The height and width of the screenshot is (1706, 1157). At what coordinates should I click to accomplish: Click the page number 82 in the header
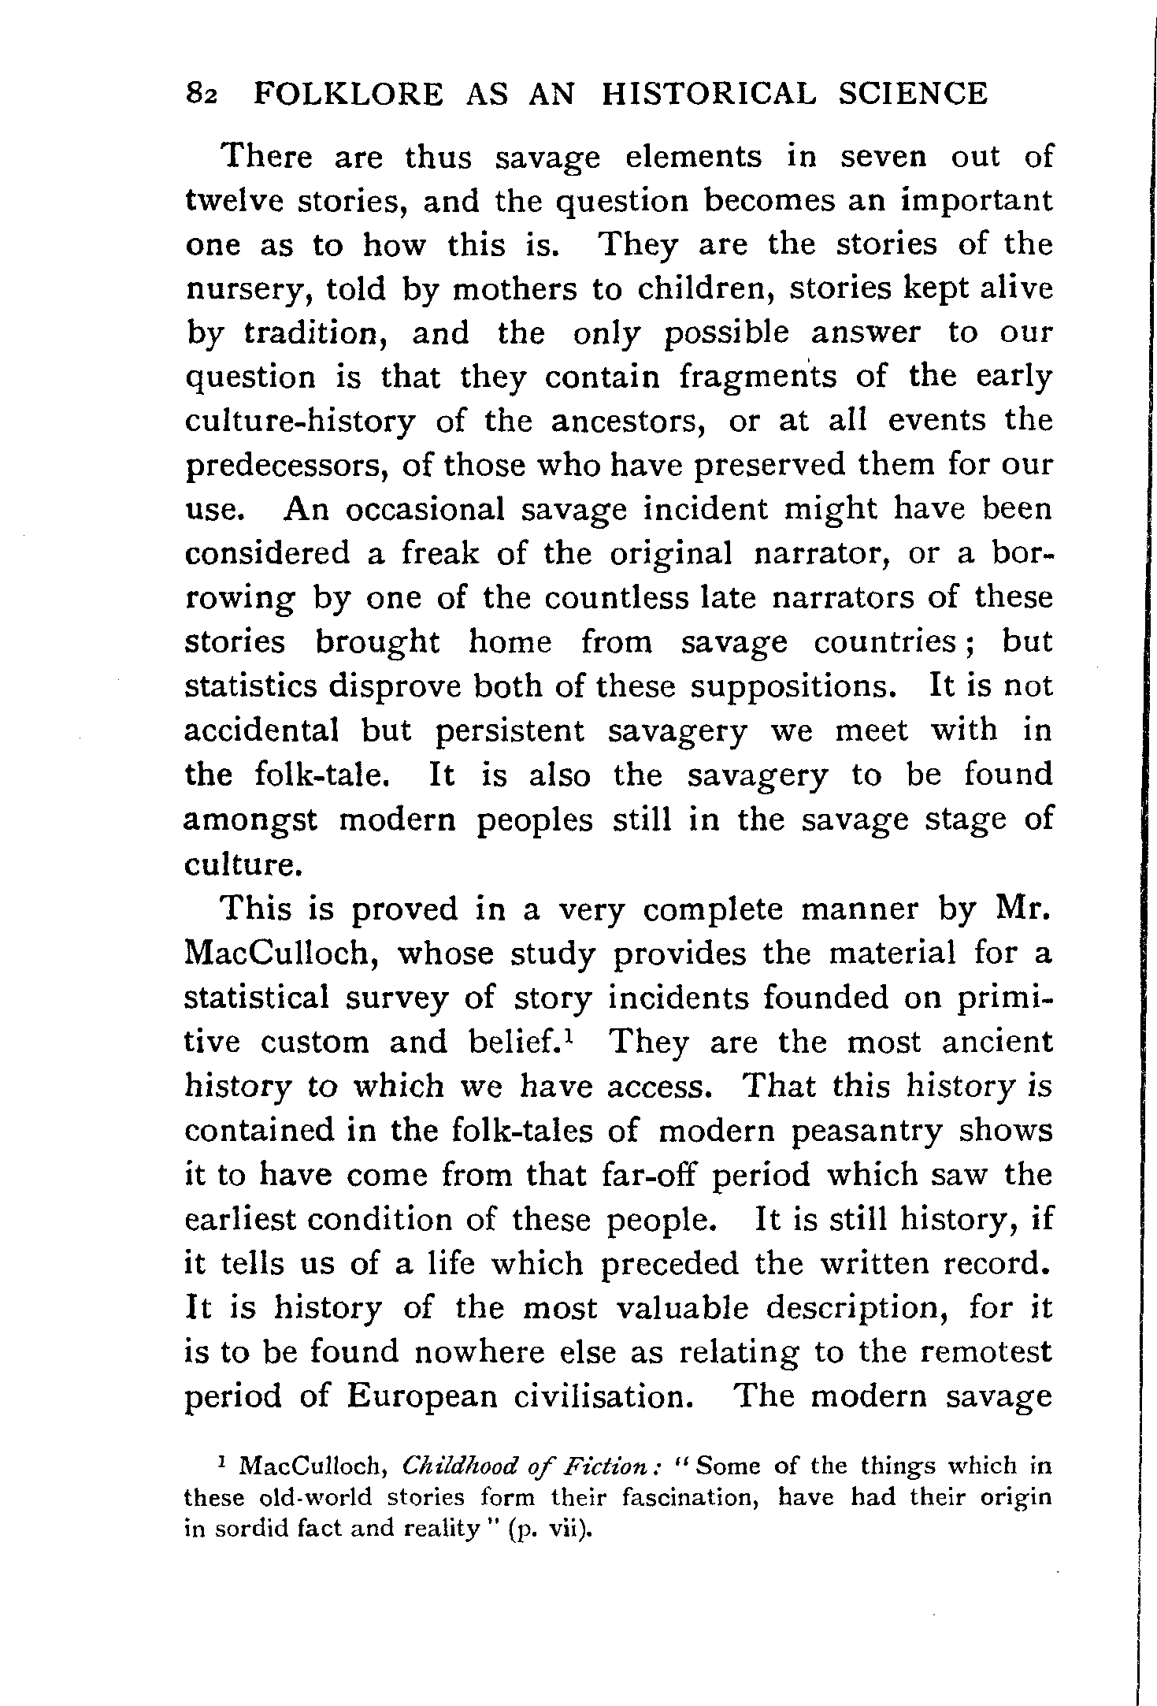pos(201,95)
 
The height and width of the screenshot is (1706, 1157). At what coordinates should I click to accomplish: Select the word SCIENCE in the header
pos(911,95)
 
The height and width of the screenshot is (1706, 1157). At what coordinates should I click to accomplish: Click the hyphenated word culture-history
pos(299,422)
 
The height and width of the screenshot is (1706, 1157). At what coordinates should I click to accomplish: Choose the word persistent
pos(510,732)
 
